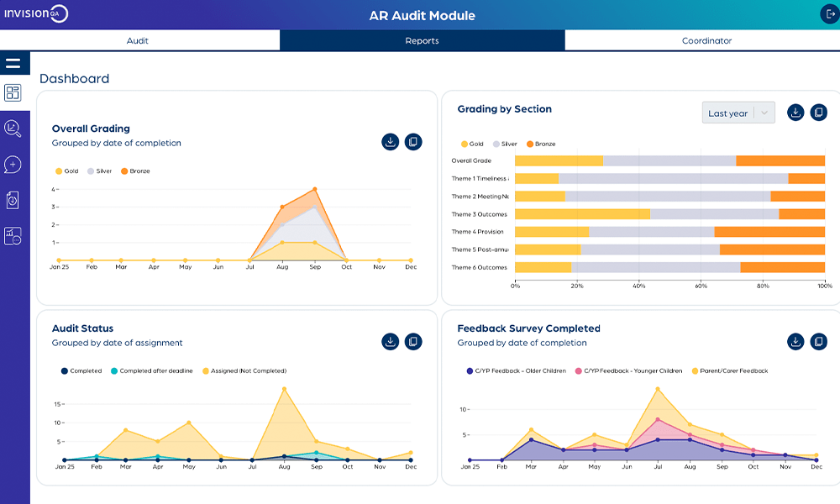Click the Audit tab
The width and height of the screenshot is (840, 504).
[x=138, y=40]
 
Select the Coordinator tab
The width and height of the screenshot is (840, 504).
[x=706, y=40]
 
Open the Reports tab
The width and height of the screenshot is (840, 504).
[x=422, y=40]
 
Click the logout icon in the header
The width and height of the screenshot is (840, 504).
[x=830, y=14]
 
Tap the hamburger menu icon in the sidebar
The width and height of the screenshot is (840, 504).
[x=13, y=63]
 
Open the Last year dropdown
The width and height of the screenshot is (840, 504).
[x=738, y=113]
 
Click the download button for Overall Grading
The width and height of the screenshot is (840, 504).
[x=390, y=142]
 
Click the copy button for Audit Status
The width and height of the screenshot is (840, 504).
[x=413, y=341]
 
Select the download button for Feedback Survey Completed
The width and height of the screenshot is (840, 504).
[x=795, y=341]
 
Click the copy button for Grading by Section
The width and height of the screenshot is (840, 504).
[x=819, y=113]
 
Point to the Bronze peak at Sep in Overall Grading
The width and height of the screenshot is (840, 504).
[x=315, y=189]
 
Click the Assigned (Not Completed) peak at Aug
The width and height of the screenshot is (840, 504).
[x=284, y=389]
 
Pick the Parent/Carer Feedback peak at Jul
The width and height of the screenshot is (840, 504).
[x=657, y=389]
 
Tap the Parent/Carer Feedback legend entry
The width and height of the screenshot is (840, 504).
[x=729, y=370]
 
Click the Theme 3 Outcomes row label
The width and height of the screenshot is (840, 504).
[x=479, y=214]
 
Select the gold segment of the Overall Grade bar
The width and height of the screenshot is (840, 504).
[x=559, y=160]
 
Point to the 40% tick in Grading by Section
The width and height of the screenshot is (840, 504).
[x=639, y=286]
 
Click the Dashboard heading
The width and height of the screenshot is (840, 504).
[x=74, y=79]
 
